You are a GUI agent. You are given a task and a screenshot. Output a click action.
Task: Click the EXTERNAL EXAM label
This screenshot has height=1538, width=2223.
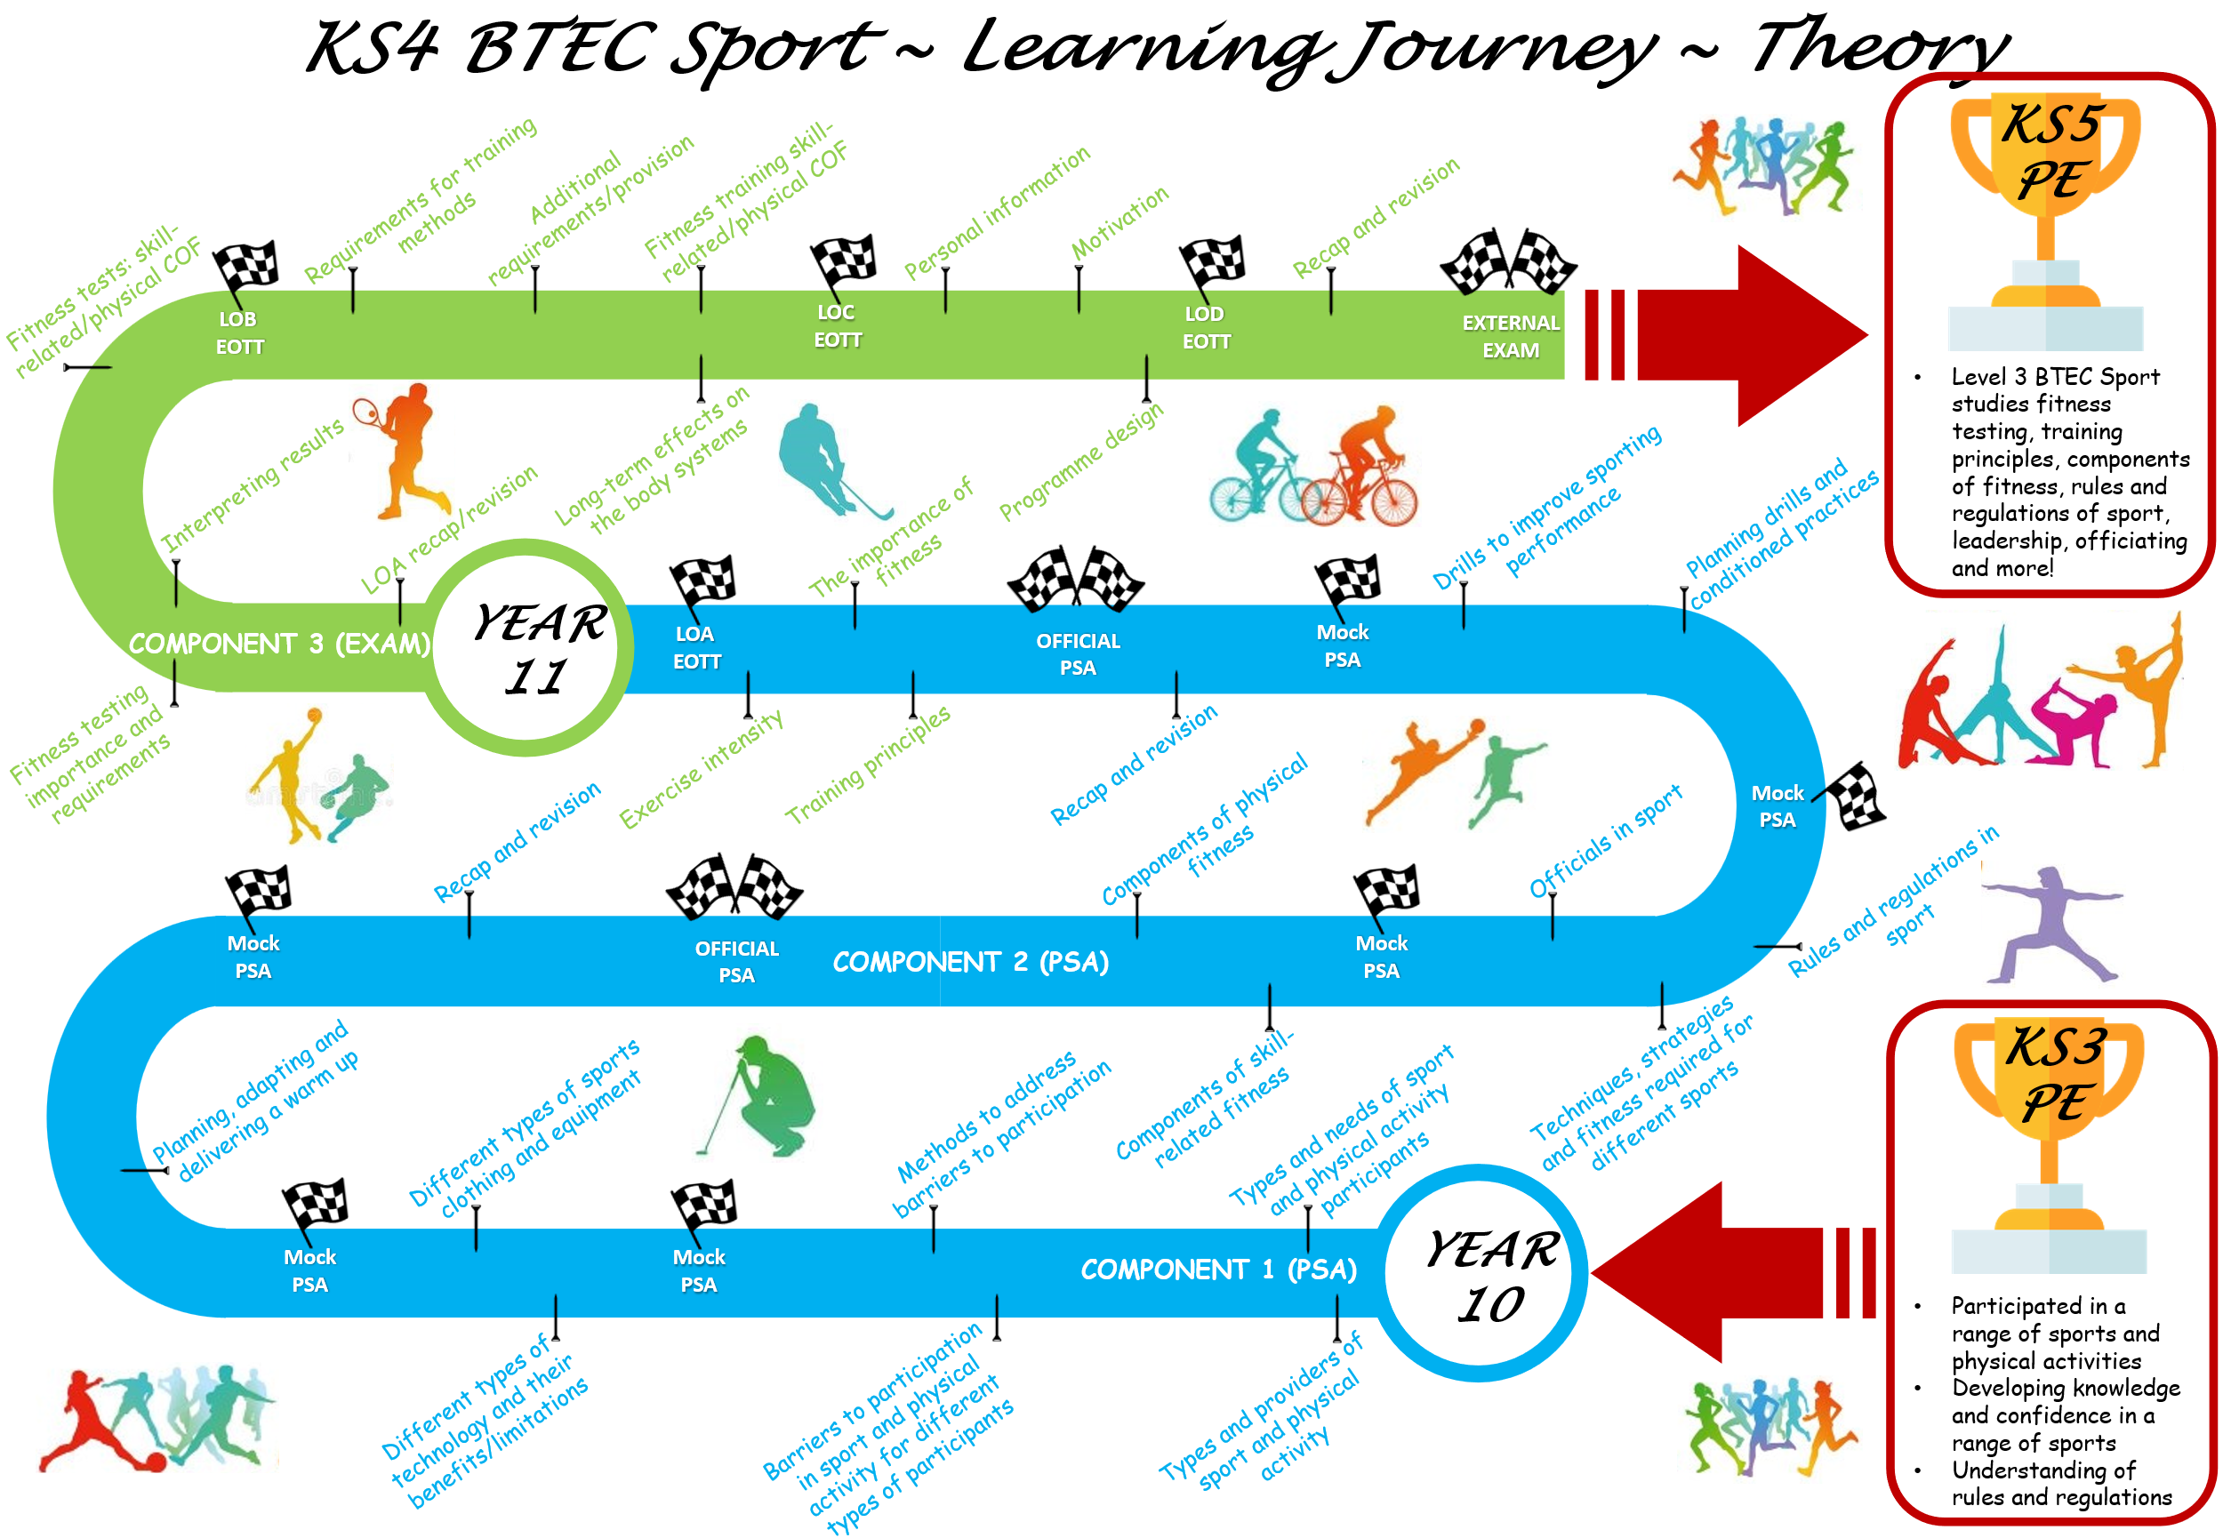pos(1509,336)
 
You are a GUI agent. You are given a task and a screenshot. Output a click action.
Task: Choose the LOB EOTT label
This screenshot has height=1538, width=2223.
pos(238,332)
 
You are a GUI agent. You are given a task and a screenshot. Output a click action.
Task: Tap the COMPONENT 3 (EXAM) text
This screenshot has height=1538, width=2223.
pos(278,644)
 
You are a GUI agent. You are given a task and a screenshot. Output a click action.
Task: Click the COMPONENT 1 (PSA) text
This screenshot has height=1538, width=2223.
pos(1218,1270)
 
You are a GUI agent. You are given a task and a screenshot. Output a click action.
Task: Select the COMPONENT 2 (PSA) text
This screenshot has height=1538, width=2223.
pos(969,962)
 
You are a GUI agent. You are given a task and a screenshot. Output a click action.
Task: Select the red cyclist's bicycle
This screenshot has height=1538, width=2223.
pos(1359,496)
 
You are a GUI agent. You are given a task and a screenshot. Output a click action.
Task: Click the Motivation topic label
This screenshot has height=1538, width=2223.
pos(1119,223)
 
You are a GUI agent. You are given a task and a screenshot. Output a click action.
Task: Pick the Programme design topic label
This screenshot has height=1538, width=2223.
pos(1080,461)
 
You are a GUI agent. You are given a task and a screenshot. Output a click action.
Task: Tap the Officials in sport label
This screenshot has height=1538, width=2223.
pos(1604,839)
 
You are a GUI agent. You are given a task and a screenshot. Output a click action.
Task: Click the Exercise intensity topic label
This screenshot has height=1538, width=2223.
pos(701,768)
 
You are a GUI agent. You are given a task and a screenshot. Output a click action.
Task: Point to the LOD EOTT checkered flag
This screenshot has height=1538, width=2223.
pos(1211,265)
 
